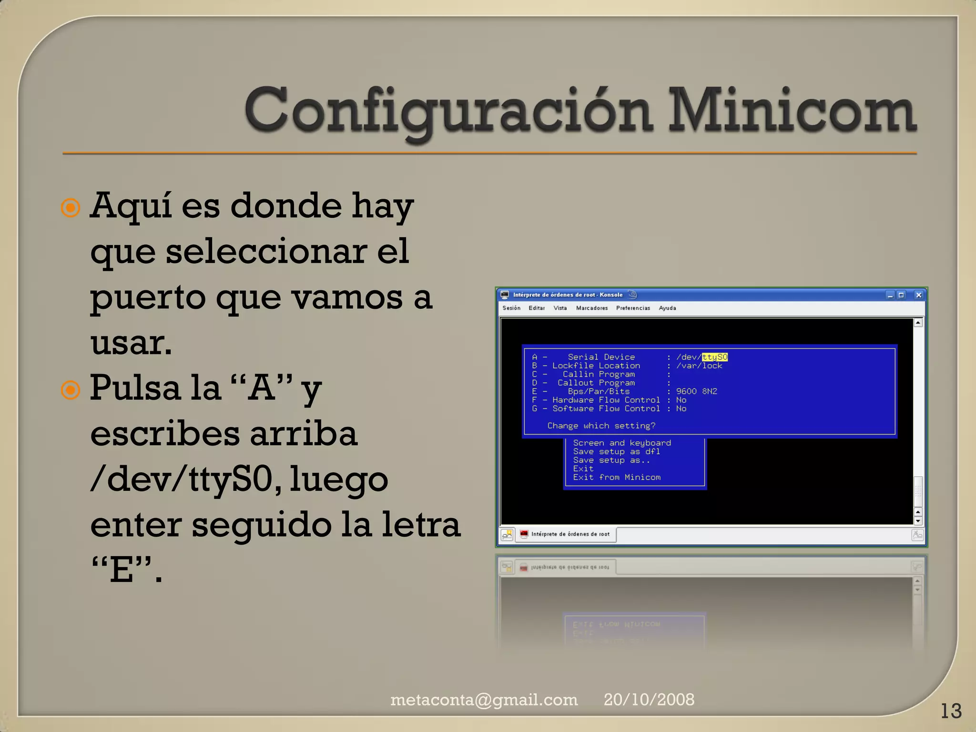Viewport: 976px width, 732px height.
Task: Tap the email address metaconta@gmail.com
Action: coord(484,700)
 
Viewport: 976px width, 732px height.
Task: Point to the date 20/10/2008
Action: coord(649,700)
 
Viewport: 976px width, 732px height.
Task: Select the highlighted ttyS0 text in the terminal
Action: coord(714,357)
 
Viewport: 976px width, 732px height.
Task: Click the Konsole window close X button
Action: coord(919,295)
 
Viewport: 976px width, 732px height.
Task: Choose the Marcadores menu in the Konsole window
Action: coord(592,308)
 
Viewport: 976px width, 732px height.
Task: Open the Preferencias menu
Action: coord(633,308)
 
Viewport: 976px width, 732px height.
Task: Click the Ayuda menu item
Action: coord(667,308)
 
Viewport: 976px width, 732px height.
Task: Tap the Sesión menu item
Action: coord(511,308)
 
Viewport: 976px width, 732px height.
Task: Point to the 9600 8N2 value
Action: coord(696,391)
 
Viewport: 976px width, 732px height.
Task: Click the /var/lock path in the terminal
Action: coord(699,366)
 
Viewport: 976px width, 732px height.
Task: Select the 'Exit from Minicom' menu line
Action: coord(617,477)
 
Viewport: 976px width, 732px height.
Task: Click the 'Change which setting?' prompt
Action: coord(601,426)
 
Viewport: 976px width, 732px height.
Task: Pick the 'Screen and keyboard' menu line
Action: coord(622,443)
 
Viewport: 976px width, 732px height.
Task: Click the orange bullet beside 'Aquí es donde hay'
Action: coord(71,208)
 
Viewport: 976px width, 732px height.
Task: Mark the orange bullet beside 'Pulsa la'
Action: coord(71,390)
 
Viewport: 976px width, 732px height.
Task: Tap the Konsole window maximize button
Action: coord(901,295)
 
